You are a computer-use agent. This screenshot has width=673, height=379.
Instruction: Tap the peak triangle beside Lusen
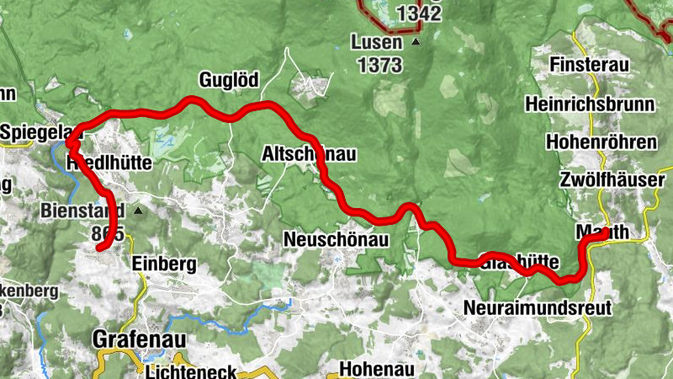[416, 40]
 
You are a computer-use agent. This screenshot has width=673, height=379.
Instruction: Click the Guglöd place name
[229, 81]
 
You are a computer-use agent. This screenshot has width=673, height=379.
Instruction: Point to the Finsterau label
[590, 64]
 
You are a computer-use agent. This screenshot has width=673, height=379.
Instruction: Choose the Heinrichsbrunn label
[589, 104]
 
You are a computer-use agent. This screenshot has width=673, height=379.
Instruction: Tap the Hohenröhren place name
[600, 141]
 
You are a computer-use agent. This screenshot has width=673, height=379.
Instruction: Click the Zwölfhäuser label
[611, 180]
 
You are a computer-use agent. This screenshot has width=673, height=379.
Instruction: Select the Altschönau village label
[310, 154]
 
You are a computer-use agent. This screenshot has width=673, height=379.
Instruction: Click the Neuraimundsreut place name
[538, 307]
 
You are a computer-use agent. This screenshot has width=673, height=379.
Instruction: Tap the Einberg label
[165, 264]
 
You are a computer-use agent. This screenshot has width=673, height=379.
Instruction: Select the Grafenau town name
[138, 339]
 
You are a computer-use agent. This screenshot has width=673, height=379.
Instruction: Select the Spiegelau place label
[34, 133]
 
